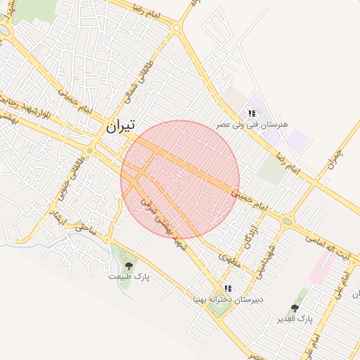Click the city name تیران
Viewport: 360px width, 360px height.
(120, 127)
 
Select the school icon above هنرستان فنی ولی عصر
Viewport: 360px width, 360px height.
(251, 112)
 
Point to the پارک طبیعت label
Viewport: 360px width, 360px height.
(129, 276)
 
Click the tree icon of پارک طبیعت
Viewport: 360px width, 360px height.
(129, 265)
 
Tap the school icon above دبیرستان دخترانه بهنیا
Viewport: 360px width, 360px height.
(227, 288)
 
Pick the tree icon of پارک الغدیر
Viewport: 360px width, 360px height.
(295, 308)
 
